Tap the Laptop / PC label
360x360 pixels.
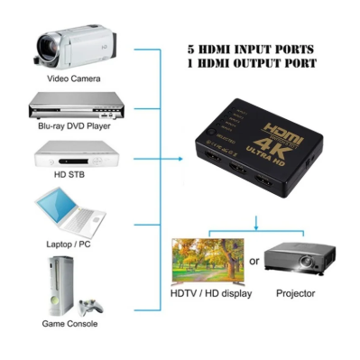click(x=70, y=244)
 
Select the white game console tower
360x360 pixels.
click(x=59, y=284)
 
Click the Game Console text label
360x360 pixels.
click(x=70, y=323)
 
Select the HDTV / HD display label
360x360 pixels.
click(x=212, y=294)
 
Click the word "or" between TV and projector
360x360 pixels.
click(x=255, y=262)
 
